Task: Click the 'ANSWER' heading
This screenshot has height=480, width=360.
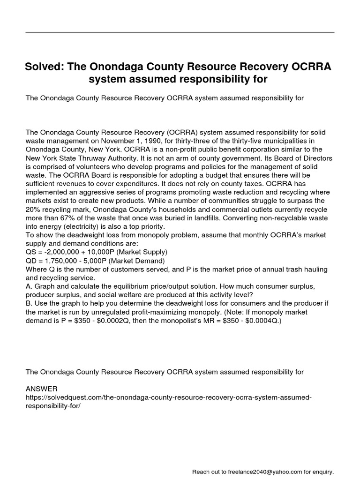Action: [42, 389]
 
